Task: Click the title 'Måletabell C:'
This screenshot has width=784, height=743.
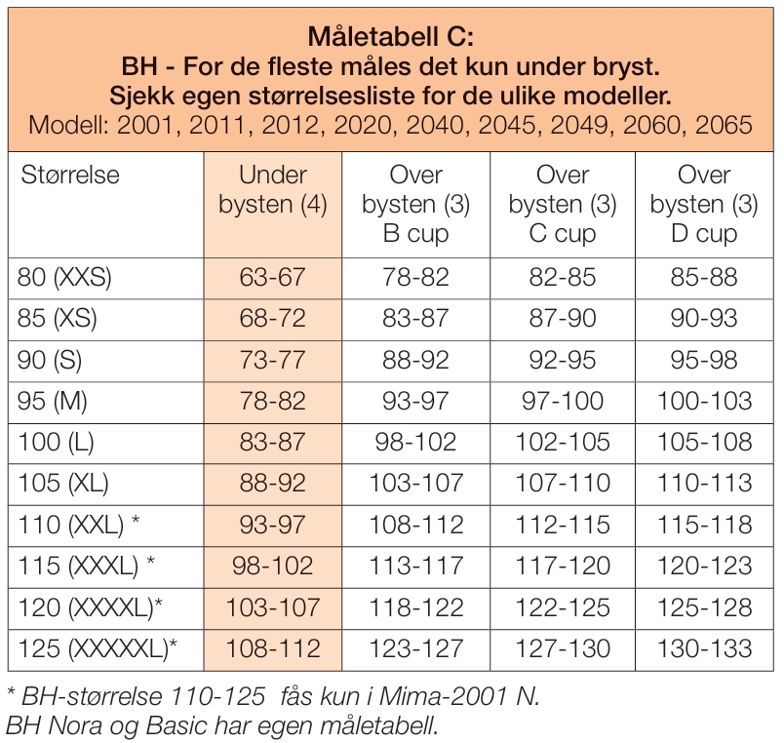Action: click(x=390, y=38)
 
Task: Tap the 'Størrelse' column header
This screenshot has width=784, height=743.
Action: click(x=68, y=176)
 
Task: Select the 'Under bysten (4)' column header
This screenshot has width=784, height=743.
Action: click(x=273, y=190)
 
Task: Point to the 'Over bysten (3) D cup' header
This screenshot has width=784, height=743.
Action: click(x=703, y=205)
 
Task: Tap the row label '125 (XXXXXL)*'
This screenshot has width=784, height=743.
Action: click(x=98, y=648)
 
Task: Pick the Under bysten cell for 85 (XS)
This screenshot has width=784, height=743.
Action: click(x=273, y=318)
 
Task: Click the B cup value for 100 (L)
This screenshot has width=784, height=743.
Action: click(x=416, y=442)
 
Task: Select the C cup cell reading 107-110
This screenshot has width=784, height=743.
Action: click(x=563, y=484)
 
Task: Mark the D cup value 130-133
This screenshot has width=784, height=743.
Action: click(x=703, y=648)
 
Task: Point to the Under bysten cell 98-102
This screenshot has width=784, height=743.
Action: click(x=273, y=566)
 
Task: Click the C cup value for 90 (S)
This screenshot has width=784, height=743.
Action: click(x=563, y=360)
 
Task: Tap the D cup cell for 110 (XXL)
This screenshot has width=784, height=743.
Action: click(x=703, y=525)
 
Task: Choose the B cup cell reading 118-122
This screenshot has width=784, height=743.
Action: click(x=416, y=607)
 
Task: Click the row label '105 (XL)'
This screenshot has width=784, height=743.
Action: click(x=63, y=484)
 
